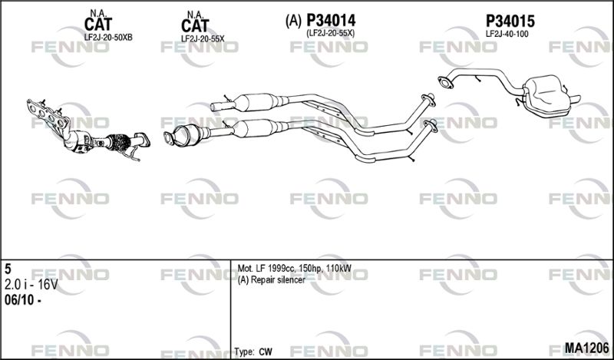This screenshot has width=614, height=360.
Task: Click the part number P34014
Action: pyautogui.click(x=331, y=21)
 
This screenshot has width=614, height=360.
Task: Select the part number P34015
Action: pyautogui.click(x=510, y=21)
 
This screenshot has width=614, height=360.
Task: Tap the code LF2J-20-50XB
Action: pyautogui.click(x=108, y=38)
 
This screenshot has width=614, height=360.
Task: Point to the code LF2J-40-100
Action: pyautogui.click(x=507, y=34)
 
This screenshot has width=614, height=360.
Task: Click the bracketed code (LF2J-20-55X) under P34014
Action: pyautogui.click(x=331, y=33)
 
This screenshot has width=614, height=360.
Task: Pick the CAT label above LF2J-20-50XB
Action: pyautogui.click(x=98, y=25)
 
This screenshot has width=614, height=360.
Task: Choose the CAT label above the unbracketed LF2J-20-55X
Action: pyautogui.click(x=195, y=26)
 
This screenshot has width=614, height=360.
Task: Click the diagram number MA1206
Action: pyautogui.click(x=586, y=348)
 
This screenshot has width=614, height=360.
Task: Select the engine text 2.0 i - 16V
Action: pyautogui.click(x=31, y=285)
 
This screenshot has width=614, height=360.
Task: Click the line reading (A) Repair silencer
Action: pyautogui.click(x=272, y=280)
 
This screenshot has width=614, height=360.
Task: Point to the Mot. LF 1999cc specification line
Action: pyautogui.click(x=295, y=269)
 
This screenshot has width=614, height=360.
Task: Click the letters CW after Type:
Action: pyautogui.click(x=265, y=352)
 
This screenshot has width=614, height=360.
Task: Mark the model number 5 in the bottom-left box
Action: pyautogui.click(x=8, y=269)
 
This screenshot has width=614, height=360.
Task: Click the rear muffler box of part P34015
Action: pyautogui.click(x=546, y=94)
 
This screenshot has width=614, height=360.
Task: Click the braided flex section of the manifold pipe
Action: pyautogui.click(x=118, y=142)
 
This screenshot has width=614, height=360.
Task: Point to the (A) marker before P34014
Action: pyautogui.click(x=294, y=21)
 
